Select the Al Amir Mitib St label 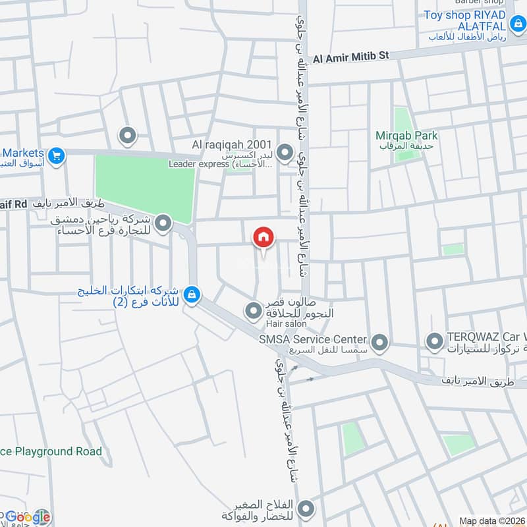351,58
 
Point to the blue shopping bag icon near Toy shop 517,26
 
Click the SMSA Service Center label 312,339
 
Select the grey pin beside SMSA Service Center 379,342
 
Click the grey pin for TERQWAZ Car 434,341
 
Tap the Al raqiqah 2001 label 228,144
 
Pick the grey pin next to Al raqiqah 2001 285,153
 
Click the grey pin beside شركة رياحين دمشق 163,223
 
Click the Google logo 28,516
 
